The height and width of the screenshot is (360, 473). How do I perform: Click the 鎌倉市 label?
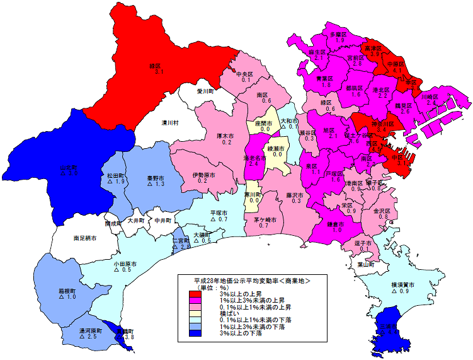coord(336,224)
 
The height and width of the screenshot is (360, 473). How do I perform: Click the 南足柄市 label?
coord(84,238)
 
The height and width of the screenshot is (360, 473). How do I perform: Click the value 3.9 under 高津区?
coord(375,55)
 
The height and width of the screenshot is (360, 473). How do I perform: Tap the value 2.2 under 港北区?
coord(382,96)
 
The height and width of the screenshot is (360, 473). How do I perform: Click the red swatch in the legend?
coord(197,294)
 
